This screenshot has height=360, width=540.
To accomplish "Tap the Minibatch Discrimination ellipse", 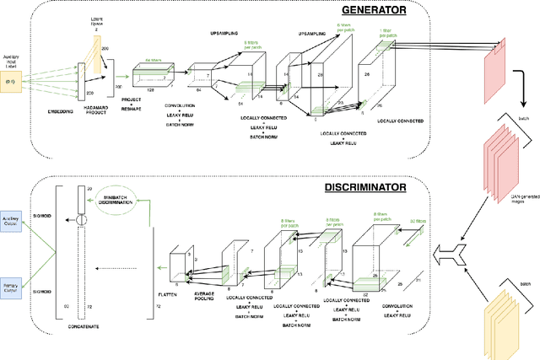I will pos(117,196).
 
